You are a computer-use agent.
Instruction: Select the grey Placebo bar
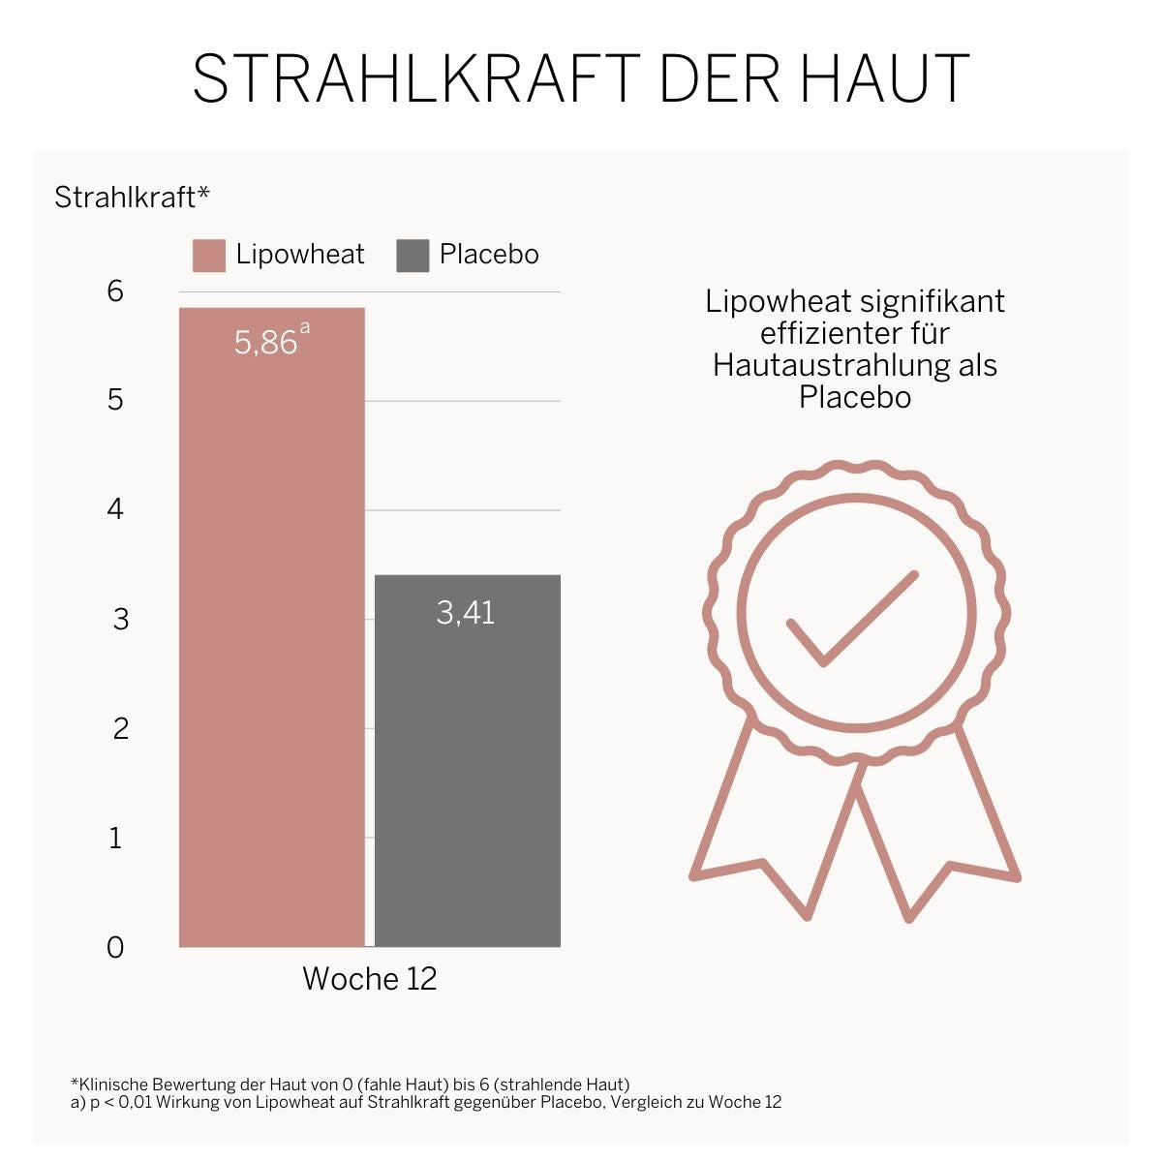tap(468, 775)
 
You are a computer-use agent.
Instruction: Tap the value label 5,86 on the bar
tap(265, 343)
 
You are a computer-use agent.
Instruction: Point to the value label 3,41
tap(466, 613)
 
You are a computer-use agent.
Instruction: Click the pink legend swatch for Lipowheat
tap(209, 256)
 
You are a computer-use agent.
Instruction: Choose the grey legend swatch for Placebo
tap(413, 256)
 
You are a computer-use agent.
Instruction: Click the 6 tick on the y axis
tap(116, 290)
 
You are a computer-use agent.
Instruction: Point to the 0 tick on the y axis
tap(115, 947)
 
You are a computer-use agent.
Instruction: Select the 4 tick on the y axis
tap(116, 509)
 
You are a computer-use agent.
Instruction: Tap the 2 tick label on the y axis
tap(120, 728)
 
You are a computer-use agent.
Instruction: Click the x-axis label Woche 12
tap(370, 979)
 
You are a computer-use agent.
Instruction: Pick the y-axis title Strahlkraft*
tap(132, 198)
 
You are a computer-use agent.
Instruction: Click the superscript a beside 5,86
tap(305, 328)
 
